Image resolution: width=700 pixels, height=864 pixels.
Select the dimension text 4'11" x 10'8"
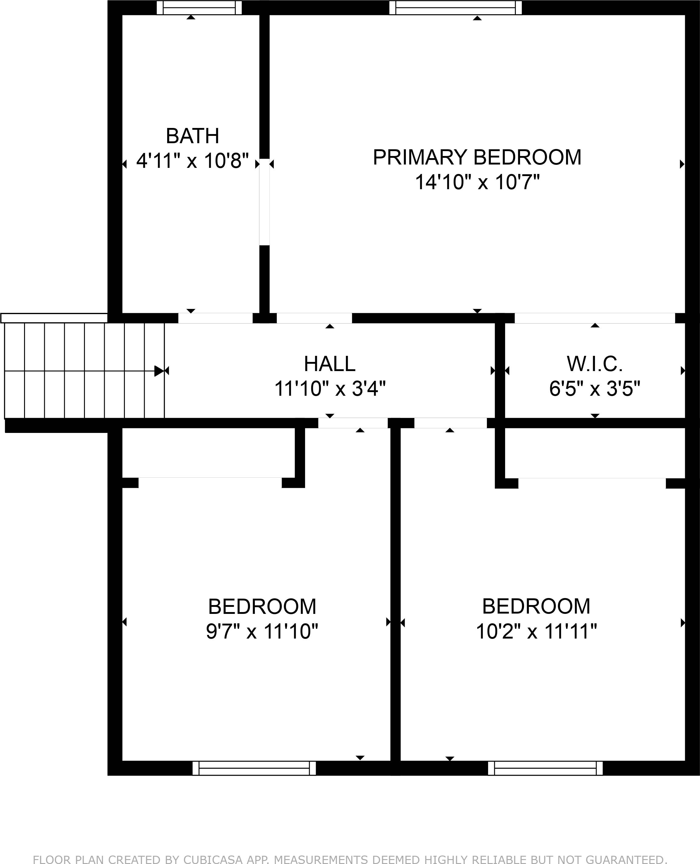(x=192, y=161)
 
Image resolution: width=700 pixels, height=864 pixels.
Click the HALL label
(x=329, y=364)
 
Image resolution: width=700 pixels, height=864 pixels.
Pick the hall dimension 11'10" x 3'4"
(x=329, y=389)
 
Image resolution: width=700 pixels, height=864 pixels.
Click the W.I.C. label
(x=594, y=364)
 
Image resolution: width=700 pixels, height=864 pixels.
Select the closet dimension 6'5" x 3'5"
(x=594, y=389)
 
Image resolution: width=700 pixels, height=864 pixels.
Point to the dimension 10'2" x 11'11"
(x=536, y=631)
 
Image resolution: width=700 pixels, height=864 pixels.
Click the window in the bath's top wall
(x=199, y=8)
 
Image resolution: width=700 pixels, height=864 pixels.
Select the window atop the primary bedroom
(x=455, y=8)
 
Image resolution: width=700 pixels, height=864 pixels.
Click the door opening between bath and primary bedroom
(x=264, y=202)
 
